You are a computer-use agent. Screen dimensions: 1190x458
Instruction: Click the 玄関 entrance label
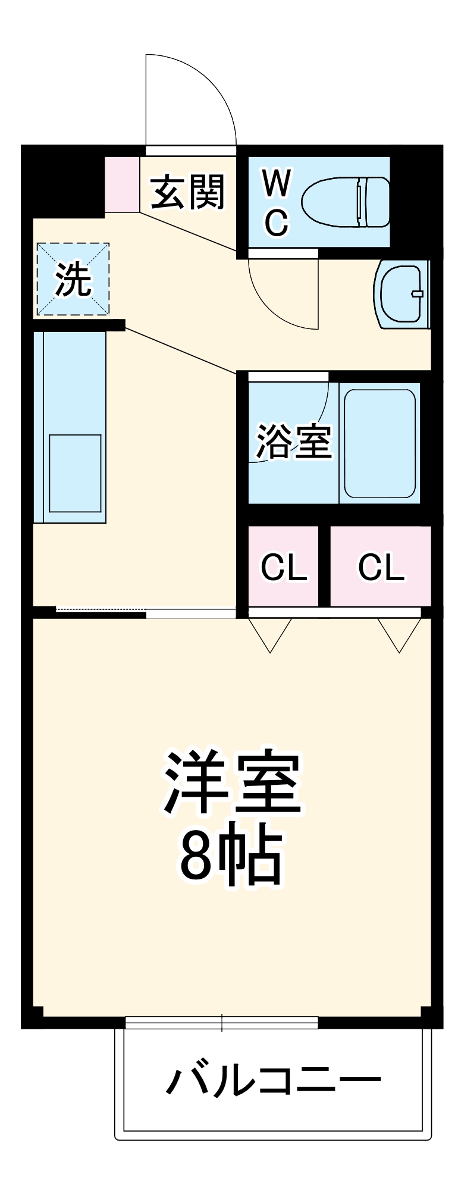[x=188, y=192]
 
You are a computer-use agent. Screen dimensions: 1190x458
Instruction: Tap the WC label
[x=277, y=202]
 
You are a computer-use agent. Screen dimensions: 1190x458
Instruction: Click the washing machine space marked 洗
[x=73, y=279]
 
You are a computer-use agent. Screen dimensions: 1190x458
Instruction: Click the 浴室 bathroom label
[x=293, y=441]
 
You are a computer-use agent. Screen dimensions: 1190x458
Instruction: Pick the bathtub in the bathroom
[x=379, y=443]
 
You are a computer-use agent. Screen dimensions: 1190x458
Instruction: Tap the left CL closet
[x=284, y=566]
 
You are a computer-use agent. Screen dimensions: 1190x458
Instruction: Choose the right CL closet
[x=381, y=566]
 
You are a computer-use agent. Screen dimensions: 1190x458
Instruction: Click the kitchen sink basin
[x=75, y=473]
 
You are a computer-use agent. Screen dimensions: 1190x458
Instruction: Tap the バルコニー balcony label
[x=273, y=1081]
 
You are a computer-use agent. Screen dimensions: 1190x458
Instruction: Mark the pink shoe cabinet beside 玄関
[x=122, y=184]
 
